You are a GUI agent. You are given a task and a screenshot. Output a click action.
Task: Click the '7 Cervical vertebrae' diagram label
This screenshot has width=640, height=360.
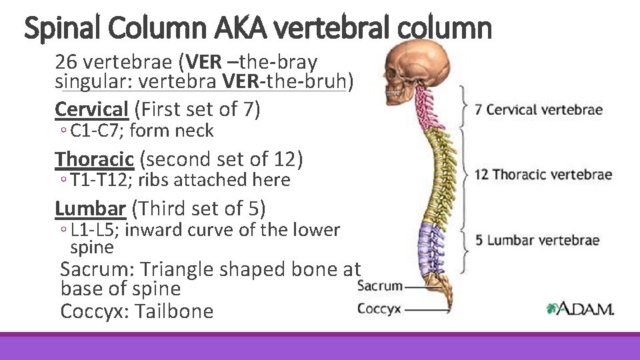[539, 109]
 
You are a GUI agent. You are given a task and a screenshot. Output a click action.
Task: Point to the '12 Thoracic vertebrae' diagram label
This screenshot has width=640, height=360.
[543, 175]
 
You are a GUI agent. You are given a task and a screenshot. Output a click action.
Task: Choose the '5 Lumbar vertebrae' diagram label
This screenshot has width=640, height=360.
[537, 240]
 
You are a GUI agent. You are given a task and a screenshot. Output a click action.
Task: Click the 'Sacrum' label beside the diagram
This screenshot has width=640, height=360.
[380, 286]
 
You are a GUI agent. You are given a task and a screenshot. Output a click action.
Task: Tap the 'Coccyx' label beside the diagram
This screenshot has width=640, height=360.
[380, 308]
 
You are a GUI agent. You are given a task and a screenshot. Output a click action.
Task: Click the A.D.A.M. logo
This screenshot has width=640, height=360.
[580, 307]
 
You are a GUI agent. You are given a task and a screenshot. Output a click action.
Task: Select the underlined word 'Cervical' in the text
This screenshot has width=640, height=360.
[91, 108]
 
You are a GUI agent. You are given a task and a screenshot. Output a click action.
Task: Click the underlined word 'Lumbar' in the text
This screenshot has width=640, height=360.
[90, 209]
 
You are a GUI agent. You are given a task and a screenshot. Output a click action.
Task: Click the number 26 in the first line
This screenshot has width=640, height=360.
[65, 62]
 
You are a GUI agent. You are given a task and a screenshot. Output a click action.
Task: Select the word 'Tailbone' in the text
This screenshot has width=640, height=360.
[174, 311]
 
